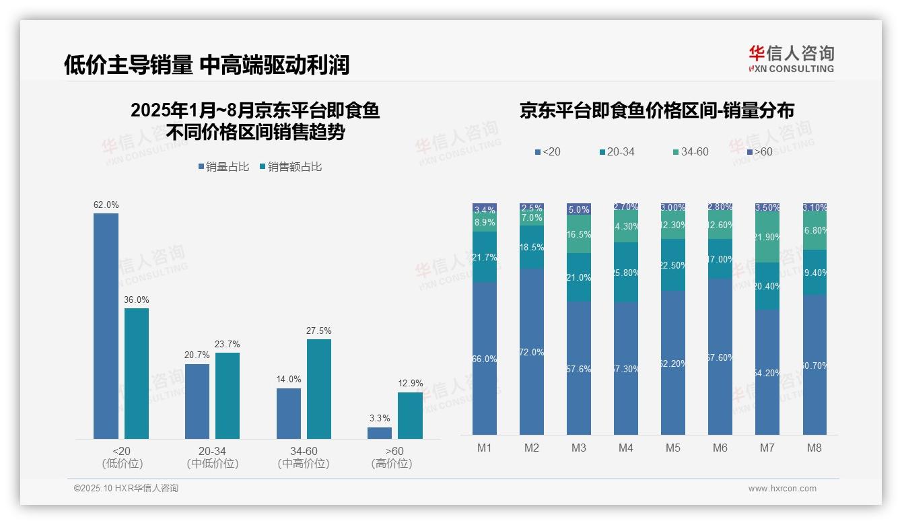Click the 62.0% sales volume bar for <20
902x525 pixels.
click(x=106, y=326)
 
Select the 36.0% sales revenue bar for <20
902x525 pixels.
click(x=137, y=374)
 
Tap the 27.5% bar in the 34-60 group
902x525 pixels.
click(x=319, y=389)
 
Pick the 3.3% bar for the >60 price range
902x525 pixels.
click(x=380, y=433)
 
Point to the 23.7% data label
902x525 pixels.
click(x=227, y=344)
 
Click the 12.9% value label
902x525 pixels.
click(x=411, y=384)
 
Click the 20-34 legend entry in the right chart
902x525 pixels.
click(x=617, y=152)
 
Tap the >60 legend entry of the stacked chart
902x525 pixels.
click(x=759, y=152)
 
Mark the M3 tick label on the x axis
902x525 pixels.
click(x=579, y=448)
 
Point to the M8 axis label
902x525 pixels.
click(x=814, y=448)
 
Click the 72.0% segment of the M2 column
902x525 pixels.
click(x=532, y=351)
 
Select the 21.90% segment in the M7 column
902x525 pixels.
click(x=767, y=238)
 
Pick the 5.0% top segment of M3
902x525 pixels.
click(x=579, y=209)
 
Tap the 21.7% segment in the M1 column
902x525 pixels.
click(x=485, y=257)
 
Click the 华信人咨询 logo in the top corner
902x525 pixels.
click(x=791, y=59)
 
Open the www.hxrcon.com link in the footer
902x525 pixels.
click(x=782, y=489)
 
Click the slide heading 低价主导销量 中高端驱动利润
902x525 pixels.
click(x=207, y=65)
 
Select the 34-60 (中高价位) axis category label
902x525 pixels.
click(x=304, y=457)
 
